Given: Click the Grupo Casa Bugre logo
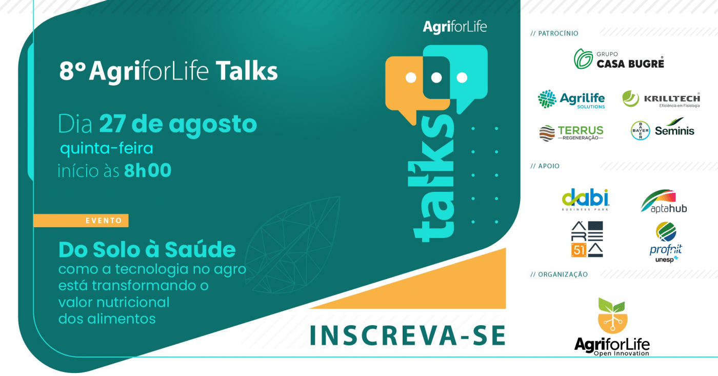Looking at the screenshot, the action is (619, 59).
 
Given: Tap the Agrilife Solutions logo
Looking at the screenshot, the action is (571, 99).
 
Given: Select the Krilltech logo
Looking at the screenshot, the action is (661, 99).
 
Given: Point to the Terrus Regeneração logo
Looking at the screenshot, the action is (571, 133).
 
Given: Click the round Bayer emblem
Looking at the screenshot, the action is (640, 130).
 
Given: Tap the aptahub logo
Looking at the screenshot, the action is (664, 201).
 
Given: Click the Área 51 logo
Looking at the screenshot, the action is (587, 239).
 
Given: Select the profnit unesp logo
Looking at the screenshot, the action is (666, 242).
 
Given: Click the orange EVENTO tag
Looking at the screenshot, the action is (81, 221).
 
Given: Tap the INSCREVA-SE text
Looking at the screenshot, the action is (408, 335).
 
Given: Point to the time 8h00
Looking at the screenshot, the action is (148, 170).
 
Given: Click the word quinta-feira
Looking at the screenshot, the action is (107, 148).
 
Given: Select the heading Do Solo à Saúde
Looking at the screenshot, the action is (147, 250).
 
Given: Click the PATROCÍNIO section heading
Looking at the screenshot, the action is (554, 33).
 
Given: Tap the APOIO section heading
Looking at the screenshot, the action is (545, 166).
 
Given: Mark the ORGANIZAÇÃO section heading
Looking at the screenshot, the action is (559, 274).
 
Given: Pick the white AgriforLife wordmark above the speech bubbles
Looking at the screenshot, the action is (455, 27).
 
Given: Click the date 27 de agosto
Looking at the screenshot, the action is (178, 124).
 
